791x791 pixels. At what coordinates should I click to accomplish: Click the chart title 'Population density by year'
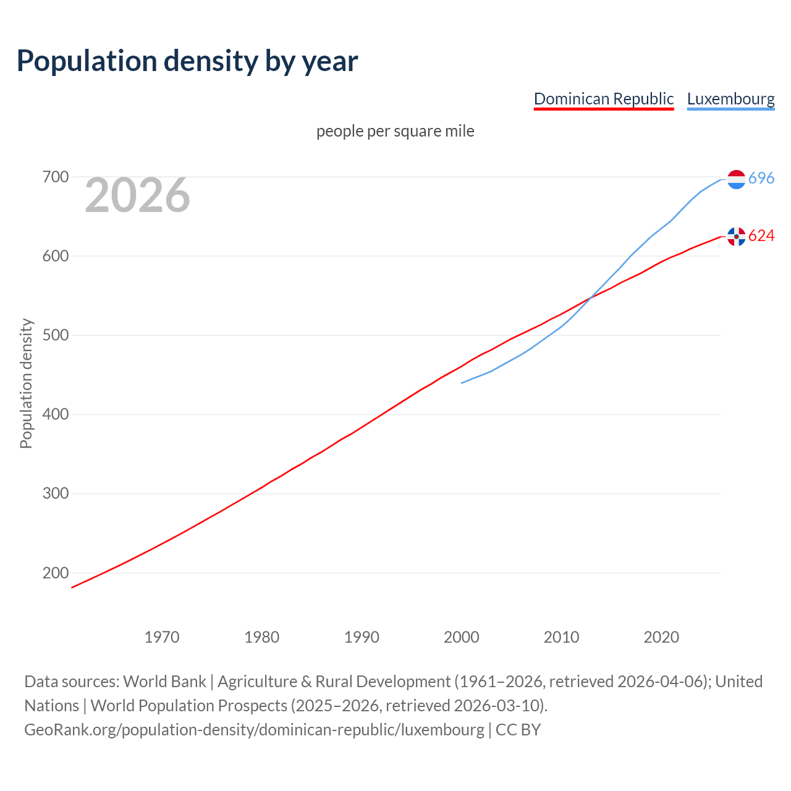coord(187,61)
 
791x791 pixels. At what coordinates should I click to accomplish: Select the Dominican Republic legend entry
coord(603,99)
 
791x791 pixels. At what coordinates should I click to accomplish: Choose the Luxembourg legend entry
coord(730,99)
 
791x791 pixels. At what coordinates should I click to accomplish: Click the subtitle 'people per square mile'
coord(395,131)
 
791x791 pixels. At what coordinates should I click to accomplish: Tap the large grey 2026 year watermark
coord(137,195)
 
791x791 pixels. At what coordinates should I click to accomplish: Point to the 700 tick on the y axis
coord(55,177)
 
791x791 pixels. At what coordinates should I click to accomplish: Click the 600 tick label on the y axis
coord(55,256)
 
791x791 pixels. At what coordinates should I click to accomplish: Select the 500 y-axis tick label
coord(55,336)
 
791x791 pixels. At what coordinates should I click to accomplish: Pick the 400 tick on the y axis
coord(55,415)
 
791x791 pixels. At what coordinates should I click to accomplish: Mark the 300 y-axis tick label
coord(55,494)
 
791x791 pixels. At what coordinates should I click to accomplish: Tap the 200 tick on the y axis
coord(55,573)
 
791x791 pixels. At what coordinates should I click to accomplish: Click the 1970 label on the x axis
coord(162,637)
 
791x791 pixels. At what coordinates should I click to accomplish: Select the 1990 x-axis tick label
coord(362,637)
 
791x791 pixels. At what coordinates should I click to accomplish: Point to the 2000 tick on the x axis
coord(462,637)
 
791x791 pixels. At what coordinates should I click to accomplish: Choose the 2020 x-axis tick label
coord(661,637)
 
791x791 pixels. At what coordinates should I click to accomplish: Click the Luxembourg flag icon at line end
coord(736,179)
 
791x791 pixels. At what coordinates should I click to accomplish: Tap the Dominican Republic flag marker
coord(736,236)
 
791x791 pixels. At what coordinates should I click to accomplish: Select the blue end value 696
coord(761,179)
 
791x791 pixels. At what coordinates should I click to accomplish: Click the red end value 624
coord(761,236)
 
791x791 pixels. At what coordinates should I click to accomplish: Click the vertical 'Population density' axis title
coord(26,383)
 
